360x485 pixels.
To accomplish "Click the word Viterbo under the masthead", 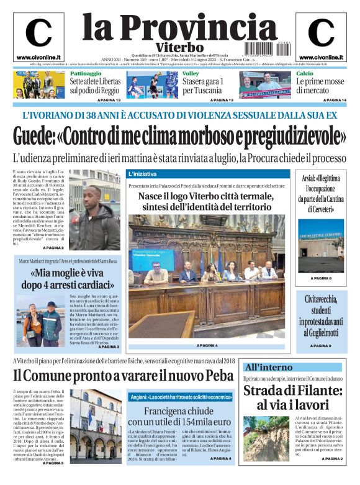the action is point(180,48).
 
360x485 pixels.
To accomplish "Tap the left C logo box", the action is point(38,36).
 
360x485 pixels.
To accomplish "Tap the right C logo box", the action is point(321,36).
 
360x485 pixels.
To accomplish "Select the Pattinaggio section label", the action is point(84,74).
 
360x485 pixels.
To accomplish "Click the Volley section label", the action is point(191,74).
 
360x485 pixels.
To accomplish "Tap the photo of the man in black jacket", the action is point(95,211).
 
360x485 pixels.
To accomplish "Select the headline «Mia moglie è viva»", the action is point(67,279).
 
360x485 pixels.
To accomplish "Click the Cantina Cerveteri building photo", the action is point(321,246).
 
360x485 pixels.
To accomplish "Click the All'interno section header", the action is point(268,367).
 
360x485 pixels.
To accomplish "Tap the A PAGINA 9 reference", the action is point(321,345).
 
